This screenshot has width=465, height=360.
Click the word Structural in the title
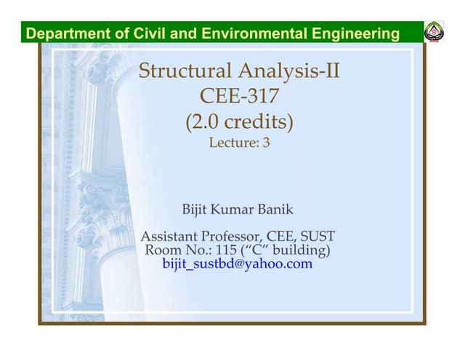(x=185, y=71)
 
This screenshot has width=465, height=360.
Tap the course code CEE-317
(x=239, y=97)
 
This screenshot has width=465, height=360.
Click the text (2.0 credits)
(x=239, y=121)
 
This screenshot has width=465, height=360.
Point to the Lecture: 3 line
(x=239, y=143)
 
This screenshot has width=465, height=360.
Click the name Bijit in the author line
(x=195, y=210)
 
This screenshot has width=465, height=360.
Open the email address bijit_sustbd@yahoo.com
(x=238, y=264)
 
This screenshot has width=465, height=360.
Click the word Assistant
(x=169, y=237)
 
